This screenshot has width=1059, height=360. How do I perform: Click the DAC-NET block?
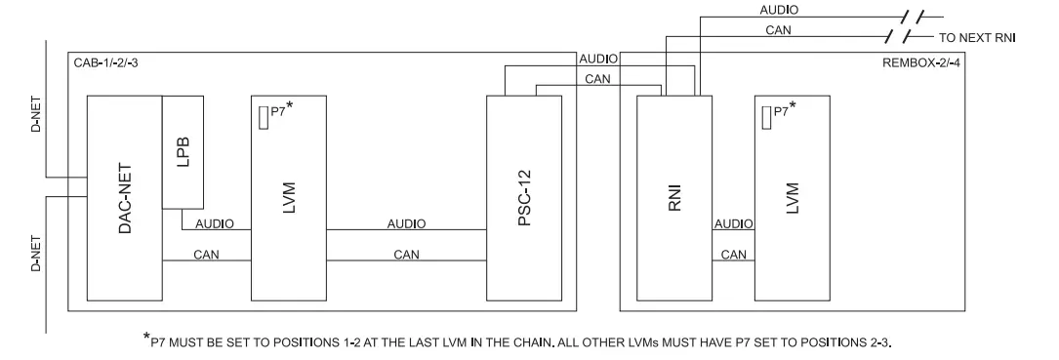point(124,198)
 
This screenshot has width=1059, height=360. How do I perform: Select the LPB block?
point(182,151)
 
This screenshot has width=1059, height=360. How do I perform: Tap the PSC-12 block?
point(524,198)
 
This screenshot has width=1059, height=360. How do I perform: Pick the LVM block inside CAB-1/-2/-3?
point(288,198)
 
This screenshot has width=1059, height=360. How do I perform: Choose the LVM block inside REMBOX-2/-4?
point(793,198)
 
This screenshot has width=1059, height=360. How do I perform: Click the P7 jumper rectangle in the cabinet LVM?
point(263,118)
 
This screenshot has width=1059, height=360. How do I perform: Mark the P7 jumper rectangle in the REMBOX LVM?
point(766,118)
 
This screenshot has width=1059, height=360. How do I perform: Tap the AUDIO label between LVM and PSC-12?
point(406,223)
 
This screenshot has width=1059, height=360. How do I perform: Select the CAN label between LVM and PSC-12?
point(406,254)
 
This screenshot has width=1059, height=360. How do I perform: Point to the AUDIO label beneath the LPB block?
point(215,223)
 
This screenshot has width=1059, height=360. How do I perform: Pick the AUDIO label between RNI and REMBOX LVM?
point(733,223)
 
